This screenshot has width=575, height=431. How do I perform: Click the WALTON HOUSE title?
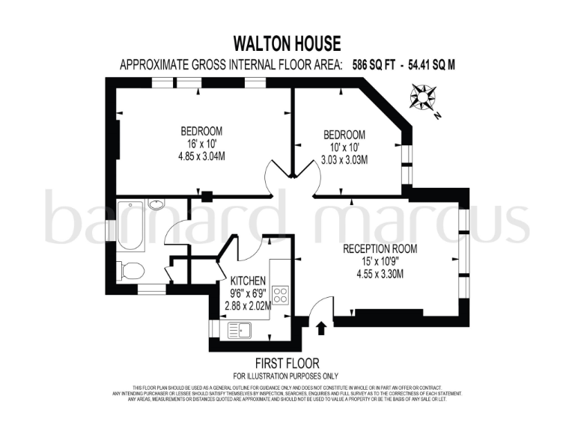(x=287, y=43)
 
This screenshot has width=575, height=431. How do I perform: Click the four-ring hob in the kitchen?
(x=281, y=294)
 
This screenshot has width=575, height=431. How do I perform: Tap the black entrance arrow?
(x=323, y=327)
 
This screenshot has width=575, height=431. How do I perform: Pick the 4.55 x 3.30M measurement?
(x=380, y=274)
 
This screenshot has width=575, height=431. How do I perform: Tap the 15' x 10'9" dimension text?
(x=380, y=261)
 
